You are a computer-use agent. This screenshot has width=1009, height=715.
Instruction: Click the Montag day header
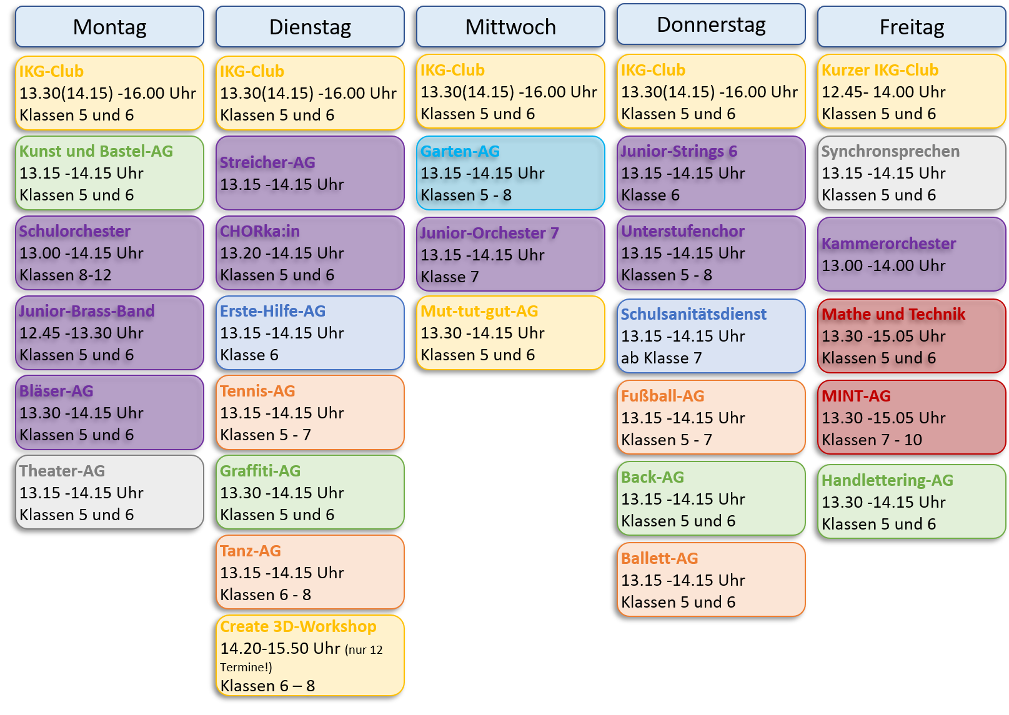point(109,27)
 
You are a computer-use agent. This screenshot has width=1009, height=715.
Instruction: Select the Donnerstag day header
point(711,24)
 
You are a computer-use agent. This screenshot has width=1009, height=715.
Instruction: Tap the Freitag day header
point(912,27)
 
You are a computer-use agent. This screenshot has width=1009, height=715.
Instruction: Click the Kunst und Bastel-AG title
point(96,151)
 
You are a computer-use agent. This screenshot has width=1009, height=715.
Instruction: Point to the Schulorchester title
point(75,231)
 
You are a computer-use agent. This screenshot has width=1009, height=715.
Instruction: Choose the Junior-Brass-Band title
point(87,311)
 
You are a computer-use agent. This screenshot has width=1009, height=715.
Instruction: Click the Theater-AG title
point(62,470)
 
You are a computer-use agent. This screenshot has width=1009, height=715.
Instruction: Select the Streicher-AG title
point(267,162)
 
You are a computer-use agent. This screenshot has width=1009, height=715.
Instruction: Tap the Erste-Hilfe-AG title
point(272,311)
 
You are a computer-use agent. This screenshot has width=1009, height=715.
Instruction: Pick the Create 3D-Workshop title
point(298,626)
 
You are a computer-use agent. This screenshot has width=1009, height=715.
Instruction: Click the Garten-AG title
point(460,151)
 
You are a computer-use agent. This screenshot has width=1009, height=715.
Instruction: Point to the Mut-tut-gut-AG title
point(479,311)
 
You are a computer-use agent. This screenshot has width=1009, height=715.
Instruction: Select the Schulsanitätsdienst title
point(693,314)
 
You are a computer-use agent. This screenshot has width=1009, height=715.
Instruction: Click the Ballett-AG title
point(660,558)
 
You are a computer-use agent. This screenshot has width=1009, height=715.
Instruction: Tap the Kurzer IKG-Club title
point(880,70)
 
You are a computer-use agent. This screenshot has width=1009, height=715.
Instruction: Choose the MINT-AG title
point(856,396)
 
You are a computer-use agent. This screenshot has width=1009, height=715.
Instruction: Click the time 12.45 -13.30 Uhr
point(81,333)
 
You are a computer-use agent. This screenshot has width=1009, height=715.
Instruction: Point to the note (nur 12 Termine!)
point(301,658)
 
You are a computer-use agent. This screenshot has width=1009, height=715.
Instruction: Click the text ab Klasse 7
point(661,358)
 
